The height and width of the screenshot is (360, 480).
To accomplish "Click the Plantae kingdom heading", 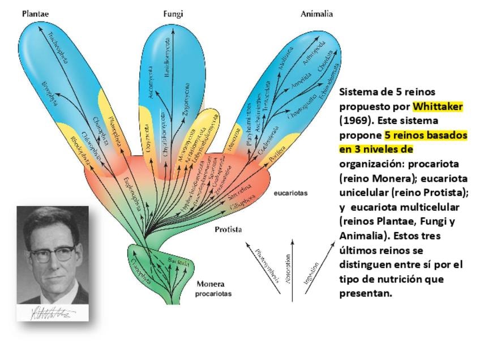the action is click(35, 14).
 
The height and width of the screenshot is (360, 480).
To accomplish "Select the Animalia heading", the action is click(316, 14).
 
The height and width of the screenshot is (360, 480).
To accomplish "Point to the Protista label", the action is click(228, 230).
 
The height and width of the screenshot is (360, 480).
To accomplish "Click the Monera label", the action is click(210, 284).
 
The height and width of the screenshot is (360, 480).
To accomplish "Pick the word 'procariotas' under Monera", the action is click(213, 294).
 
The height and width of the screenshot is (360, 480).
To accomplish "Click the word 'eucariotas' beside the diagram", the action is click(290, 193).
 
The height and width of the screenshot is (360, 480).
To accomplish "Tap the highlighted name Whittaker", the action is click(438, 106).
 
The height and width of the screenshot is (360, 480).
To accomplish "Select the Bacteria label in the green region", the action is click(179, 262).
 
